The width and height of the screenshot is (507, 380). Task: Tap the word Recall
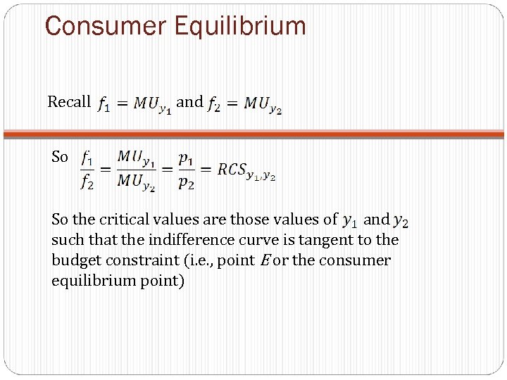coord(69,102)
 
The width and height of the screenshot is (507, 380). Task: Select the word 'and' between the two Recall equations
coord(189,102)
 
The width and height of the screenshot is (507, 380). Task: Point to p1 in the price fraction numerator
coord(186,158)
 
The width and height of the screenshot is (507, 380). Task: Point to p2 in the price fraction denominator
coord(186,182)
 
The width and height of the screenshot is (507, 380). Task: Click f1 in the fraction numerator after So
coord(87,158)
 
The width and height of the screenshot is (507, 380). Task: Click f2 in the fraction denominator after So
coord(87,182)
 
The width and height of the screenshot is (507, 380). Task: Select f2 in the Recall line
coord(213,104)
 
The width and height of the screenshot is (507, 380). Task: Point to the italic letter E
coord(265,260)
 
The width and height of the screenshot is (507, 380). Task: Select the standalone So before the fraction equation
coord(60,158)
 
